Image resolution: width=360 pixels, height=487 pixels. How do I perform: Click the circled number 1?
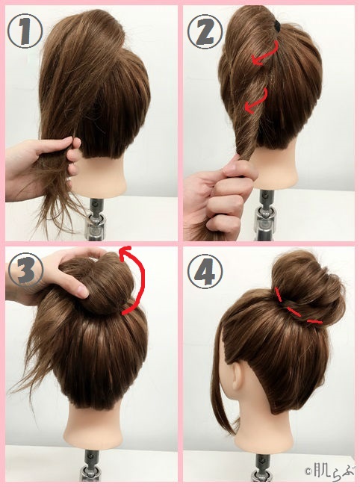(25, 31)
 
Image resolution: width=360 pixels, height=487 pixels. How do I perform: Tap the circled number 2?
(205, 31)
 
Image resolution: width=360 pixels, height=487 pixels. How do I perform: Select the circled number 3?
(25, 270)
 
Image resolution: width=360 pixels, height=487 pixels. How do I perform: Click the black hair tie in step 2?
(276, 25)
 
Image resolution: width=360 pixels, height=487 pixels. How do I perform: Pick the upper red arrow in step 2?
(267, 55)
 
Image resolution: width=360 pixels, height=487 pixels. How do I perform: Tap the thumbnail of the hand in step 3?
(82, 292)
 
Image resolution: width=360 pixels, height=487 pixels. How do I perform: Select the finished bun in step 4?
(308, 289)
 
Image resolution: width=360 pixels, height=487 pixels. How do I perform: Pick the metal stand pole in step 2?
(264, 214)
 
